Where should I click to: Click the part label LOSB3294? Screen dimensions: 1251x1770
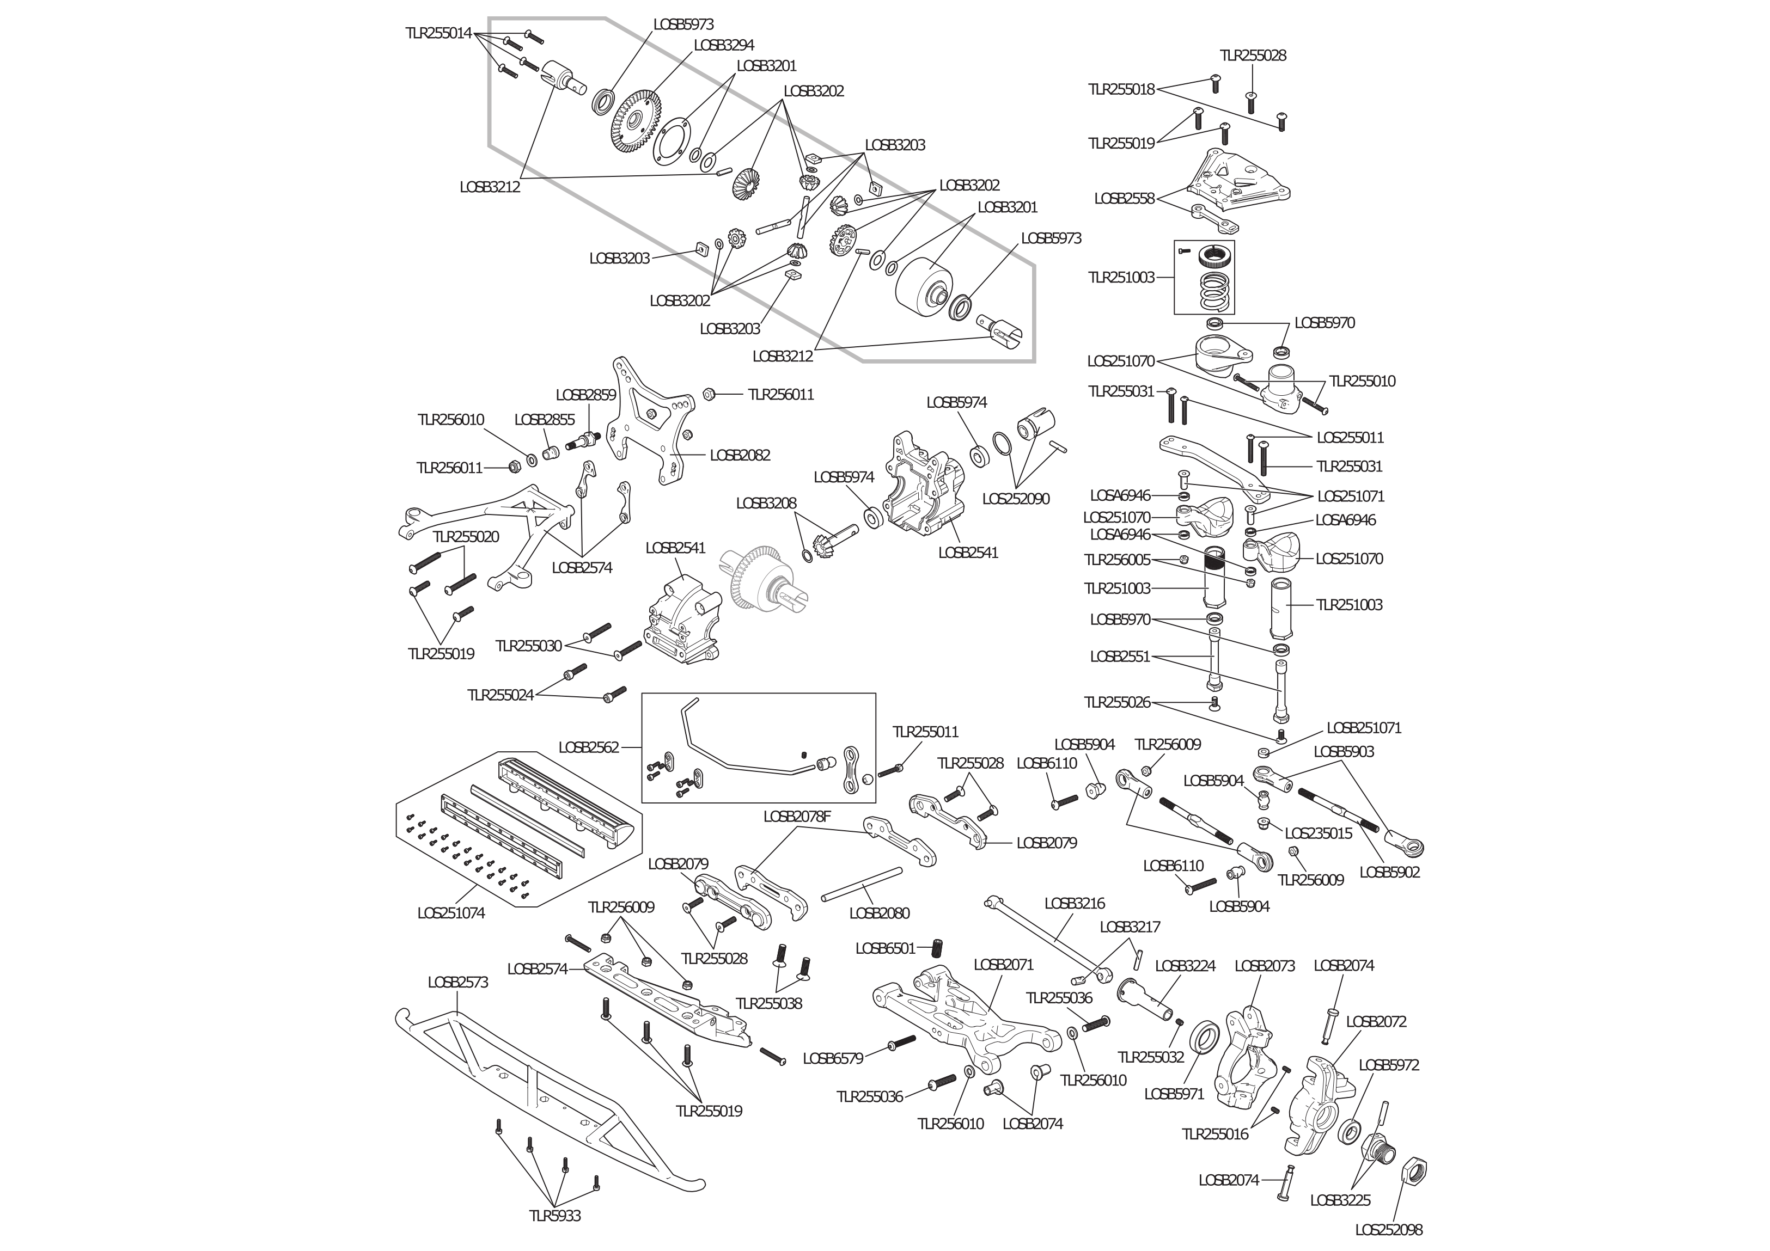[x=723, y=45]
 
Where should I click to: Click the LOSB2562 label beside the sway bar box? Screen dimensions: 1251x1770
[x=588, y=747]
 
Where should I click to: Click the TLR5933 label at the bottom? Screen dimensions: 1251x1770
[x=554, y=1216]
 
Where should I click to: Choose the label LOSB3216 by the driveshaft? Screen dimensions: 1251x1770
[x=1074, y=903]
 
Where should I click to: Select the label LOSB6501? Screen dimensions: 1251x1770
[x=885, y=949]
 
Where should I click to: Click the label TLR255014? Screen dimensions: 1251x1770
[x=438, y=33]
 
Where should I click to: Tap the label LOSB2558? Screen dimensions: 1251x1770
[x=1124, y=199]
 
